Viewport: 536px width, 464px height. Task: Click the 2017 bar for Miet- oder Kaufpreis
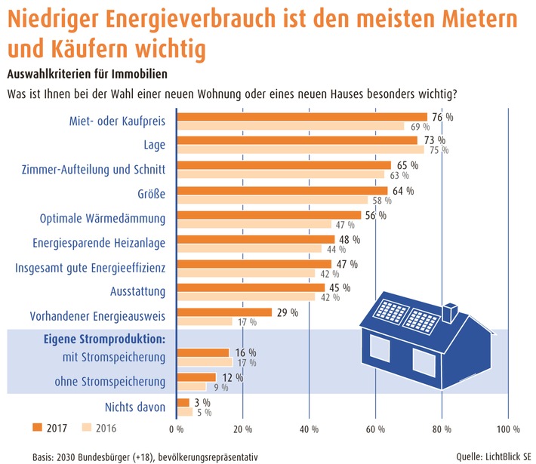coord(302,117)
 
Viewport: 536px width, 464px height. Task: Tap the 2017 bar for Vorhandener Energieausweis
coord(224,312)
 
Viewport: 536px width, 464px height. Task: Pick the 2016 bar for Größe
coord(273,200)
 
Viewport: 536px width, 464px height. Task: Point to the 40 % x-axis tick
coord(309,429)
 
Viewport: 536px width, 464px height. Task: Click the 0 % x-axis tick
coord(177,429)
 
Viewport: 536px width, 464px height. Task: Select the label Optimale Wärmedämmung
coord(102,219)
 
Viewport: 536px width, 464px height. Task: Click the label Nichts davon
coord(135,407)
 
